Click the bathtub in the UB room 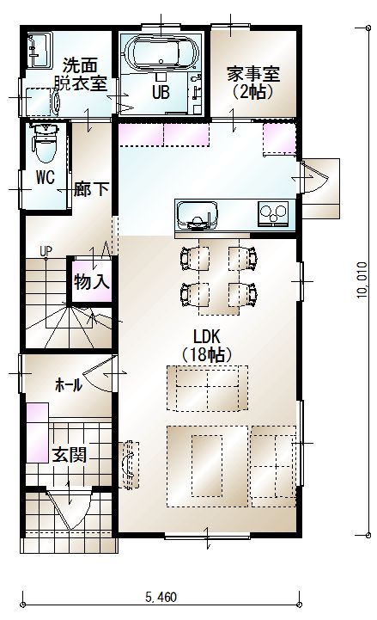click(x=161, y=54)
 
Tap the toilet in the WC click(x=46, y=143)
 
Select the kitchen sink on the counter click(x=197, y=215)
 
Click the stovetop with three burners click(x=273, y=213)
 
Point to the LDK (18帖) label click(x=206, y=346)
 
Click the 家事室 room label click(x=252, y=74)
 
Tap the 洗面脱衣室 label click(x=80, y=74)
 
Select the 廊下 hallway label click(x=91, y=189)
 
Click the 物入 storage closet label click(x=91, y=281)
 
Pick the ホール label click(x=69, y=384)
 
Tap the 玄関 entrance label click(x=70, y=455)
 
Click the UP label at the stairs click(x=46, y=251)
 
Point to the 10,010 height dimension click(x=362, y=280)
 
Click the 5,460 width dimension click(x=161, y=597)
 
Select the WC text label click(x=46, y=177)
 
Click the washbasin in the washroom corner click(x=40, y=50)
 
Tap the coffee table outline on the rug click(x=207, y=466)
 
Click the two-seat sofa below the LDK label click(x=207, y=388)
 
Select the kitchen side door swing click(x=313, y=177)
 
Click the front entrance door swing click(x=69, y=510)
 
